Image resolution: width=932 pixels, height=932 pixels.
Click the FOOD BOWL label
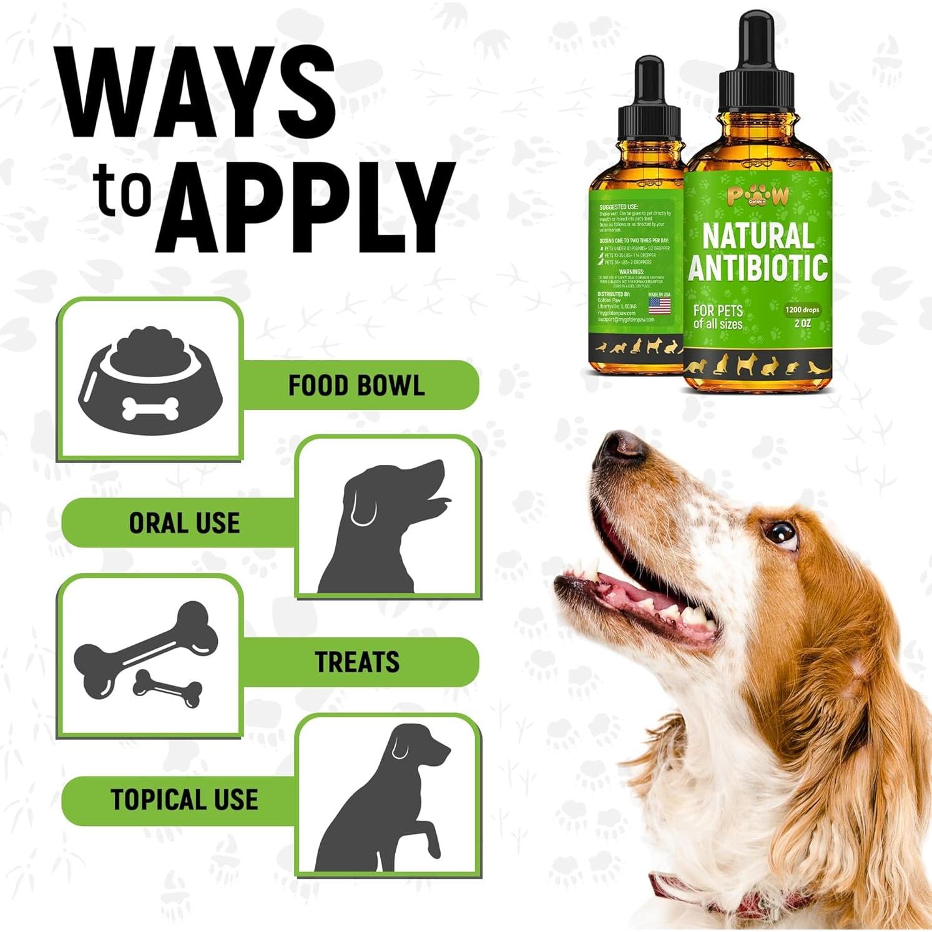[x=356, y=386]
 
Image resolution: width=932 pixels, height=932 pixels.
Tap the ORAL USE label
[x=184, y=523]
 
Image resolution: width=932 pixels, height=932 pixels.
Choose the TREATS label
[x=356, y=662]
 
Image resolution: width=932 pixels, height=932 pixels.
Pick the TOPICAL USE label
[x=184, y=800]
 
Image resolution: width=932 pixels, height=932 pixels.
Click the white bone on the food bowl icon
[x=150, y=409]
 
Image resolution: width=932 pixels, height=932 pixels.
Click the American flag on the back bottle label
[x=659, y=306]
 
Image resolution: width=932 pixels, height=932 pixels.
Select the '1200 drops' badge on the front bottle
[x=802, y=310]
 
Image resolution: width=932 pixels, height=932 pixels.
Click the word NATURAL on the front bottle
[x=758, y=236]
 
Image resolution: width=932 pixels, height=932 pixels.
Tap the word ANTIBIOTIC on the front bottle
[x=758, y=267]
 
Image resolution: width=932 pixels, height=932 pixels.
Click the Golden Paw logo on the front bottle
[x=758, y=196]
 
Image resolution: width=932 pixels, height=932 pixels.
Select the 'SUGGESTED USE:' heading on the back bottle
[x=618, y=207]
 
